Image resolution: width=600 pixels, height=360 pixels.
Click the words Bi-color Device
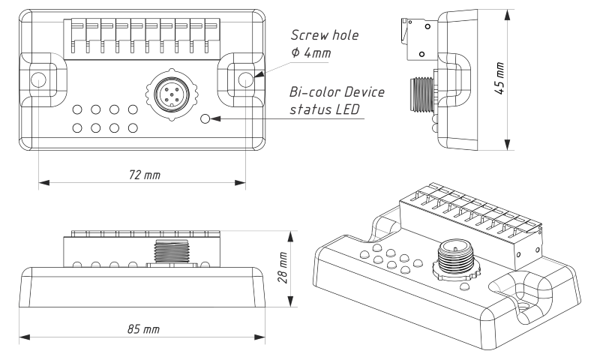337,92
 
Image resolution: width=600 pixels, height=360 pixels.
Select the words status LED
325,111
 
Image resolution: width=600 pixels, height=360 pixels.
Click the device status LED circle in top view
207,118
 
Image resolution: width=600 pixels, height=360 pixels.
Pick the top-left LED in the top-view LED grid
77,109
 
